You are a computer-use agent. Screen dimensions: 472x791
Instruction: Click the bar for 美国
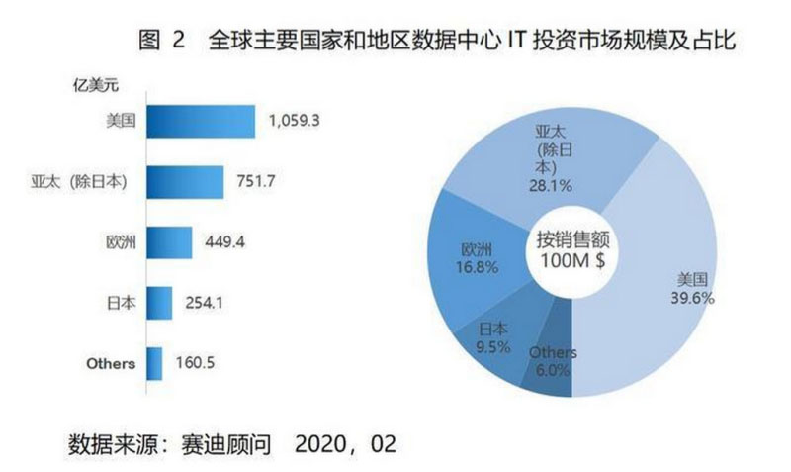point(201,123)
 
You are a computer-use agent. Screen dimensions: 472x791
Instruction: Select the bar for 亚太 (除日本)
point(182,181)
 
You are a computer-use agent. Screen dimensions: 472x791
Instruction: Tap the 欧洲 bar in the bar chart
point(169,242)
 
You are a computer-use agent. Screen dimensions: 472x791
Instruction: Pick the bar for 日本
point(159,303)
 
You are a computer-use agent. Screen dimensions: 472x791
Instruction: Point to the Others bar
point(154,363)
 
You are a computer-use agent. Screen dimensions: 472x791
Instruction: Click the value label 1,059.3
point(299,123)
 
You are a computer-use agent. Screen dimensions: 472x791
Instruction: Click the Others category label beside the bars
point(111,363)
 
